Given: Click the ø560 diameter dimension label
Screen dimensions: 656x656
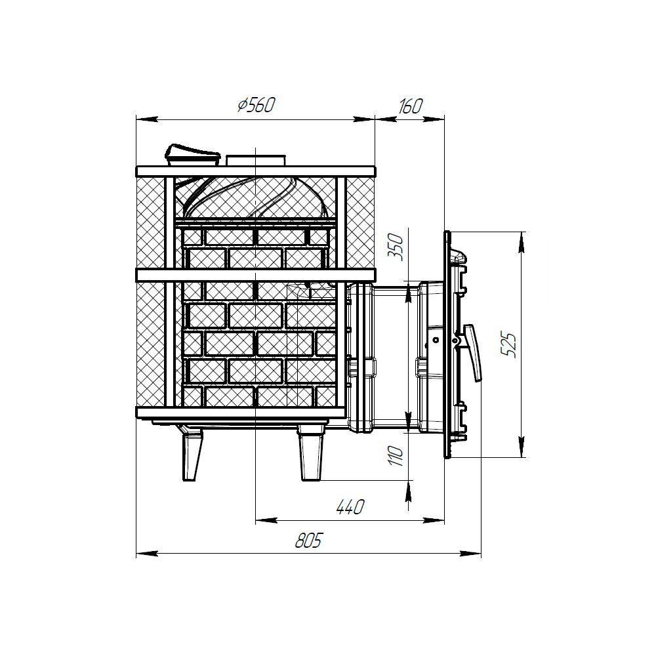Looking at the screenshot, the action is pyautogui.click(x=256, y=105).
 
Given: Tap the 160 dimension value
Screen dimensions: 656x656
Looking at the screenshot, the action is pyautogui.click(x=410, y=106).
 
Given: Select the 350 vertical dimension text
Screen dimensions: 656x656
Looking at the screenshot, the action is pyautogui.click(x=397, y=248).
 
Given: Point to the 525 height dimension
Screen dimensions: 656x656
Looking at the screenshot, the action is pyautogui.click(x=509, y=345).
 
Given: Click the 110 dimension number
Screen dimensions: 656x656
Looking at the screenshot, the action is pyautogui.click(x=396, y=456).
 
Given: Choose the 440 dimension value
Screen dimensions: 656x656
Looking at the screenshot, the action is pyautogui.click(x=350, y=506).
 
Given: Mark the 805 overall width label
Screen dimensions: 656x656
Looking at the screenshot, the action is pyautogui.click(x=309, y=540).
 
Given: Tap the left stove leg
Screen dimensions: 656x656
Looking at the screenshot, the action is pyautogui.click(x=192, y=456).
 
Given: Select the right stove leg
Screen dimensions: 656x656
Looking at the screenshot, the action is pyautogui.click(x=311, y=454).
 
